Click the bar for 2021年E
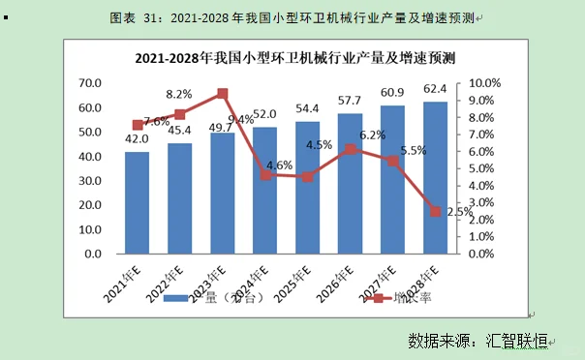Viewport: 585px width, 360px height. click(138, 203)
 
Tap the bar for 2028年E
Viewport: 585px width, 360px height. click(436, 178)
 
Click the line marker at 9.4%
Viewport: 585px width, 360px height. click(223, 94)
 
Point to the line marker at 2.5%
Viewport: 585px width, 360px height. click(436, 211)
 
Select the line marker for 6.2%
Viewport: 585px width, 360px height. click(351, 149)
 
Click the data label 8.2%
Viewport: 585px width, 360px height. click(178, 94)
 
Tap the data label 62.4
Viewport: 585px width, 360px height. click(434, 93)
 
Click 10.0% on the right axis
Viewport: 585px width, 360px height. click(484, 83)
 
